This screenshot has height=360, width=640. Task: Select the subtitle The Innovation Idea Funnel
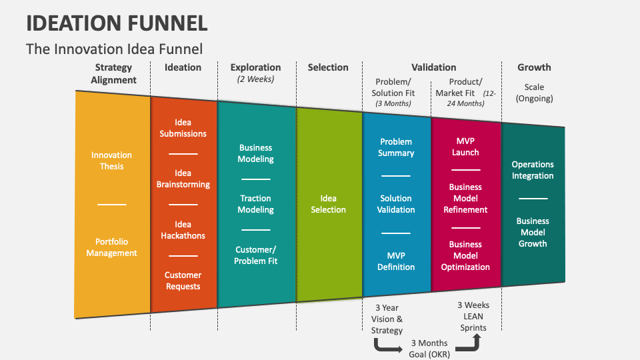[x=114, y=49]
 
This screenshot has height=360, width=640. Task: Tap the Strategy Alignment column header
[x=113, y=73]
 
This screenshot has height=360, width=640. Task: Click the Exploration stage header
[x=255, y=67]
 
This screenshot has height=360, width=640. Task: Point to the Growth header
[x=534, y=67]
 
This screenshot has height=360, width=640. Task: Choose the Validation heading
[x=433, y=67]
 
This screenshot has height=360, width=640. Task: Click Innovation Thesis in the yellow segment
[x=111, y=161]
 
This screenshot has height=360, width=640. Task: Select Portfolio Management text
[x=111, y=247]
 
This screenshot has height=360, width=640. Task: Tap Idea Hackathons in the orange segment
[x=183, y=230]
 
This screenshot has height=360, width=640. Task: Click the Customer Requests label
[x=183, y=281]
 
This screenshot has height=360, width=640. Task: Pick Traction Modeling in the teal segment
[x=255, y=204]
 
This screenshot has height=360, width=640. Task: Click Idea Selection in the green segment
[x=329, y=204]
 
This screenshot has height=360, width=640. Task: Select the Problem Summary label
[x=396, y=147]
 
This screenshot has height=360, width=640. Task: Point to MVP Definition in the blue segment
[x=396, y=261]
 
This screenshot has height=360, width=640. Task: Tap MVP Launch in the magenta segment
[x=465, y=147]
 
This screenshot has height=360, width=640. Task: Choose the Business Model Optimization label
[x=465, y=256]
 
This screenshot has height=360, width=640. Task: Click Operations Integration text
[x=533, y=170]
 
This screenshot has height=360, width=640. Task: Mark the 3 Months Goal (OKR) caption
[x=429, y=349]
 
